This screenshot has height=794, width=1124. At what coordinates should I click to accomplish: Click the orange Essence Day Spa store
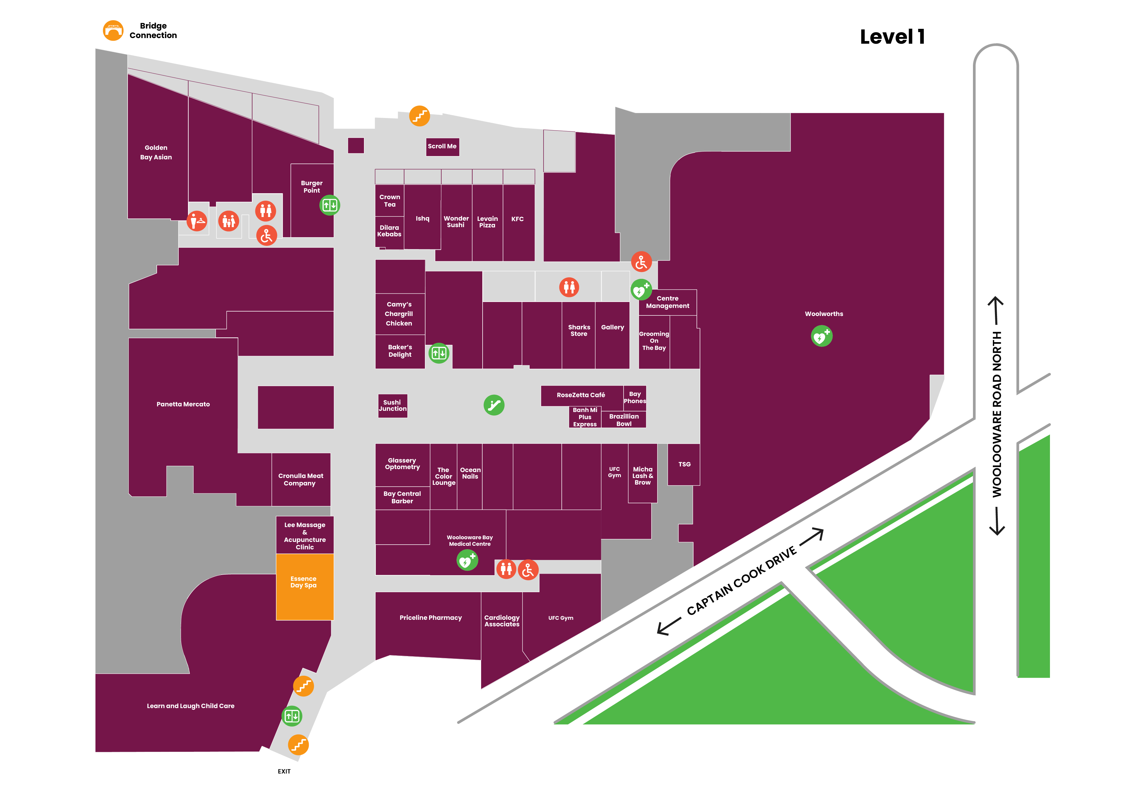[x=304, y=587]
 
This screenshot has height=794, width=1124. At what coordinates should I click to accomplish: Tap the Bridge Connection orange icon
[x=113, y=30]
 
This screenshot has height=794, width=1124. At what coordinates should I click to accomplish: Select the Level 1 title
[x=892, y=37]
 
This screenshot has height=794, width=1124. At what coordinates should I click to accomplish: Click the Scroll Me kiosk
[x=442, y=146]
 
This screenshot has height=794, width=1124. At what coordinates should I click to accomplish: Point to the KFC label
[x=517, y=219]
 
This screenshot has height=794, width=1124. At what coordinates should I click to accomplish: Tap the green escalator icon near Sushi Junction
[x=494, y=405]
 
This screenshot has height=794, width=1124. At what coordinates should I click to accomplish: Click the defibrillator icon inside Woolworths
[x=822, y=336]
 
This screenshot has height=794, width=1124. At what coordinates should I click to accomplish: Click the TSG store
[x=684, y=464]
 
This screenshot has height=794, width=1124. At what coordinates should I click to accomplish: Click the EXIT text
[x=284, y=771]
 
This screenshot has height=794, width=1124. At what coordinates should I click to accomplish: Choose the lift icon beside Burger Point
[x=329, y=205]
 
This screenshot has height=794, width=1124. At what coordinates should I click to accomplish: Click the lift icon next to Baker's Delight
[x=439, y=353]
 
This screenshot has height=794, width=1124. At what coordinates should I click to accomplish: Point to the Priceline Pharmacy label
[x=430, y=617]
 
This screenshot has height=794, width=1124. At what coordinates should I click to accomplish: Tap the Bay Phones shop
[x=635, y=397]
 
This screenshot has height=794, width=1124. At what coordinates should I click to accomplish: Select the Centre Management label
[x=667, y=302]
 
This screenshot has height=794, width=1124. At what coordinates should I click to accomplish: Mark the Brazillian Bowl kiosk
[x=624, y=419]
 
